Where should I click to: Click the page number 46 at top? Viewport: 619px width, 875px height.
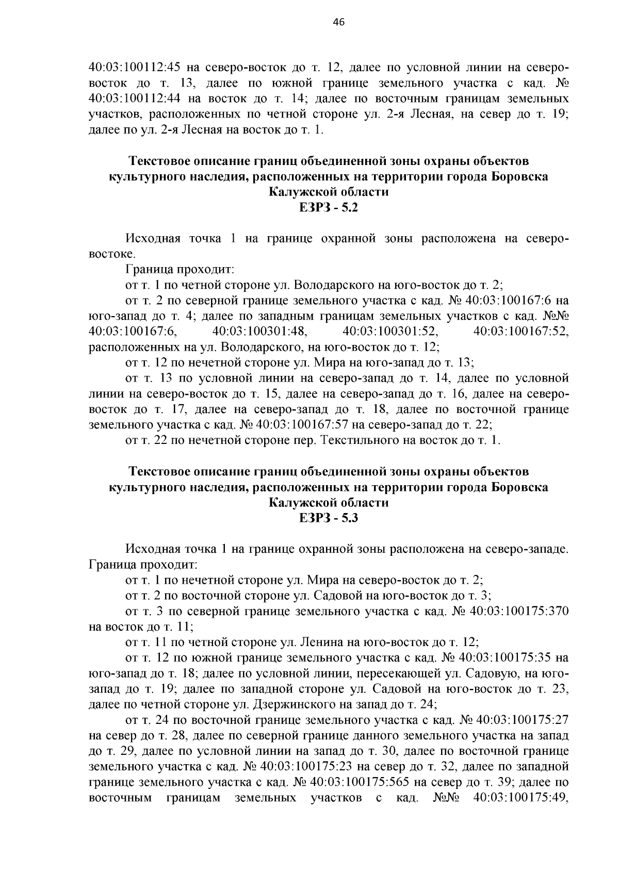click(339, 22)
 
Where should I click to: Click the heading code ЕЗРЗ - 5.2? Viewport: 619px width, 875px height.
click(328, 208)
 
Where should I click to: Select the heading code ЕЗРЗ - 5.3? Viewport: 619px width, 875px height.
click(328, 518)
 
